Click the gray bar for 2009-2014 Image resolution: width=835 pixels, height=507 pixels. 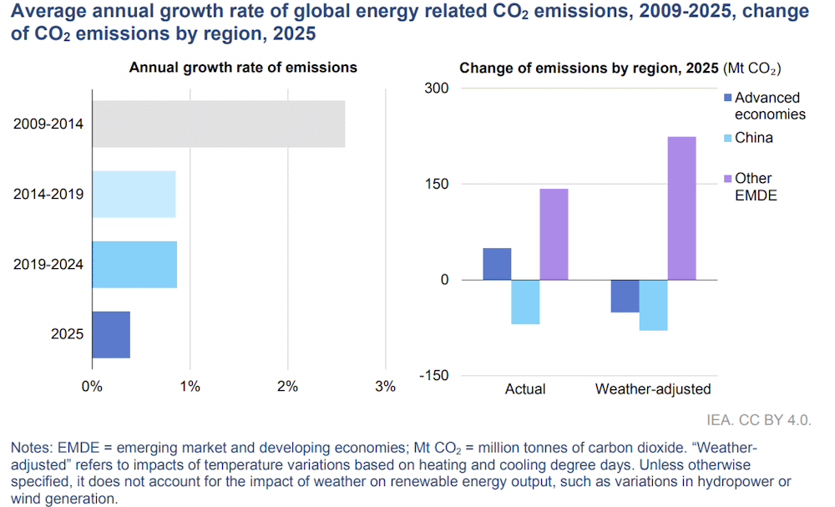click(218, 124)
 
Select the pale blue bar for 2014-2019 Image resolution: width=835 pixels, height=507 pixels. click(134, 194)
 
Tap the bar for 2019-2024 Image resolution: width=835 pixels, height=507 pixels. click(134, 264)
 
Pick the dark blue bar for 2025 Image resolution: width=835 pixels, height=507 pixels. click(111, 334)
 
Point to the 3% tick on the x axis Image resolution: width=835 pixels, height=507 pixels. click(385, 387)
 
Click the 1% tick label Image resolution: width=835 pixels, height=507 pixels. click(190, 387)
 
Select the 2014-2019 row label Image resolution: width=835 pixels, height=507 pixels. click(48, 195)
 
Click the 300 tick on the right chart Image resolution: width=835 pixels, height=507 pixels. click(438, 89)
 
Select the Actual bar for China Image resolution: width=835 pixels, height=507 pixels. click(525, 302)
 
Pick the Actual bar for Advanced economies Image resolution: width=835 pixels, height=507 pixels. click(497, 264)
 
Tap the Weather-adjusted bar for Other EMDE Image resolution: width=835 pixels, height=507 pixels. click(681, 208)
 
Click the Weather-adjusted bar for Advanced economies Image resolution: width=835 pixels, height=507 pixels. click(625, 296)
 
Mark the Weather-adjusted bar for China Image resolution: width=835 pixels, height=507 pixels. click(653, 305)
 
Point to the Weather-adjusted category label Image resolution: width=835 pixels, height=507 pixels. click(652, 389)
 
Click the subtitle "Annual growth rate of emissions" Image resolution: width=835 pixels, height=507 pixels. click(243, 68)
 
